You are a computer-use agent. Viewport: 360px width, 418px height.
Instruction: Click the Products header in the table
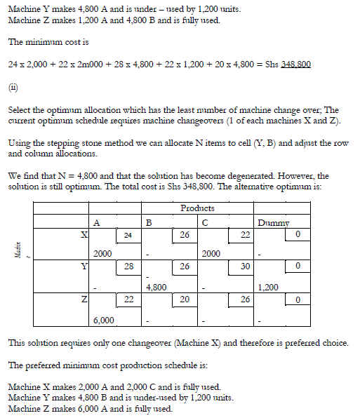point(197,208)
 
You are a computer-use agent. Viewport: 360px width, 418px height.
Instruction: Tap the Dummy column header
point(273,222)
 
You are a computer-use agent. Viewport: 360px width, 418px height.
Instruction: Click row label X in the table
point(83,234)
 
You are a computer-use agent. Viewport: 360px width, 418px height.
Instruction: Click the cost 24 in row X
point(128,234)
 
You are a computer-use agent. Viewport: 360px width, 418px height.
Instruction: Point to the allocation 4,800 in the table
point(156,287)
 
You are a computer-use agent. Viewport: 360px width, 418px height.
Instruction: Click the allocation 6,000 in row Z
point(103,320)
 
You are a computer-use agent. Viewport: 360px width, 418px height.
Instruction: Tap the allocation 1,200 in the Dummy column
point(268,287)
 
